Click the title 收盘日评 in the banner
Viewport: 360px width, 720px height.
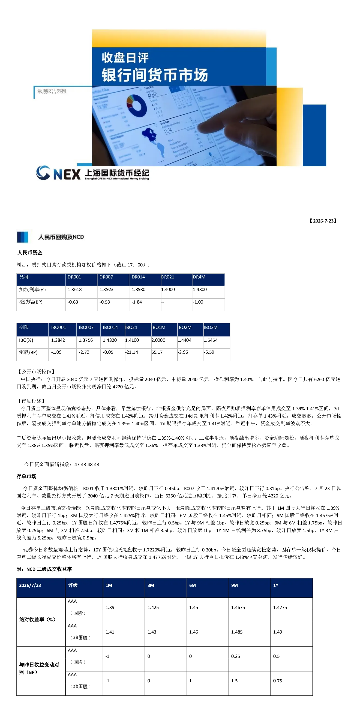pos(125,58)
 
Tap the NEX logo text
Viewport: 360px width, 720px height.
pos(67,174)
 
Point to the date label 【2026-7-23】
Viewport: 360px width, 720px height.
pos(323,221)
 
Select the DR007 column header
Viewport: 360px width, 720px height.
pos(106,277)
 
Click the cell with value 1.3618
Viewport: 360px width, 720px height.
pos(75,290)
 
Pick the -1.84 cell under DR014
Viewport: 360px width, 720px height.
pos(137,302)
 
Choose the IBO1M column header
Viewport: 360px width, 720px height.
pos(158,327)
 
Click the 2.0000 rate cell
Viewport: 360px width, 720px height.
pos(158,340)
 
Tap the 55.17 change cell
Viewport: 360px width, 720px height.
pos(157,352)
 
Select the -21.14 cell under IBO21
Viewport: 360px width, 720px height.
pos(132,352)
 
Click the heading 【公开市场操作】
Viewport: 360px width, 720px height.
pos(36,371)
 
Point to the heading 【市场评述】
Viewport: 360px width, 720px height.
pos(31,401)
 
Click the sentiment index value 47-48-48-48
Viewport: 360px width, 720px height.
pos(87,464)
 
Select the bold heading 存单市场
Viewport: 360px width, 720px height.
pos(26,476)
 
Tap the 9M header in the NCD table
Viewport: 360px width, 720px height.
pos(235,585)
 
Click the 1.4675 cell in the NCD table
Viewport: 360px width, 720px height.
pos(238,607)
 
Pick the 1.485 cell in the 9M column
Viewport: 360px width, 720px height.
pos(237,632)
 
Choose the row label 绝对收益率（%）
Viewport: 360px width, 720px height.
pos(37,619)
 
